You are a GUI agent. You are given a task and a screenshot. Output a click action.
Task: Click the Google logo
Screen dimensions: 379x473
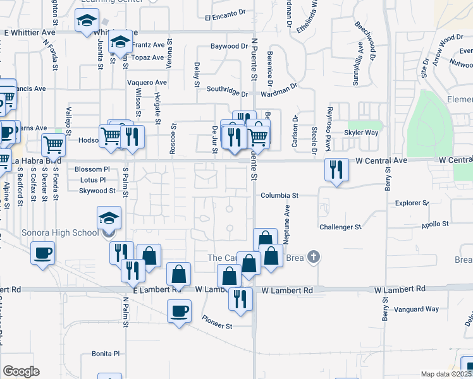[21, 371]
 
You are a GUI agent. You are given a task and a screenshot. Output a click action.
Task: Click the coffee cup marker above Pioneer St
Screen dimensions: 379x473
[180, 311]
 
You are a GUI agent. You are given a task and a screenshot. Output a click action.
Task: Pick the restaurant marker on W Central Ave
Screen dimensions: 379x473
[336, 169]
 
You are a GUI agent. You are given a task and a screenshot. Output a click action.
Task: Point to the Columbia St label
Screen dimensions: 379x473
[279, 196]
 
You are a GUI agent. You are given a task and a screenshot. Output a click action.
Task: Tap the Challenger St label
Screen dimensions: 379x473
[340, 227]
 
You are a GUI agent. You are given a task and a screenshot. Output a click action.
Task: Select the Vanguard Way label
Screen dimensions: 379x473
[416, 310]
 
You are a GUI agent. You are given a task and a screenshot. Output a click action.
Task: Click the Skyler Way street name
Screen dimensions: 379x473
[361, 133]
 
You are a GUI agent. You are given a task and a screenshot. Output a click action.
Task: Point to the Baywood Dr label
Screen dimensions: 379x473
[229, 46]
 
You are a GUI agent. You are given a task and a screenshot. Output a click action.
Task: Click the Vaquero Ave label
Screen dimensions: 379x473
[147, 83]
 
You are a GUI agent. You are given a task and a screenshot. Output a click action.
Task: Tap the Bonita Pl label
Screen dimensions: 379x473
[106, 354]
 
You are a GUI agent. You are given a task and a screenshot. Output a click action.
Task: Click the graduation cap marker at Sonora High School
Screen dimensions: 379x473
[109, 218]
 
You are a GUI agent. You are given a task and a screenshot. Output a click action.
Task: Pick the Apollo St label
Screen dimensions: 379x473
[435, 224]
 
